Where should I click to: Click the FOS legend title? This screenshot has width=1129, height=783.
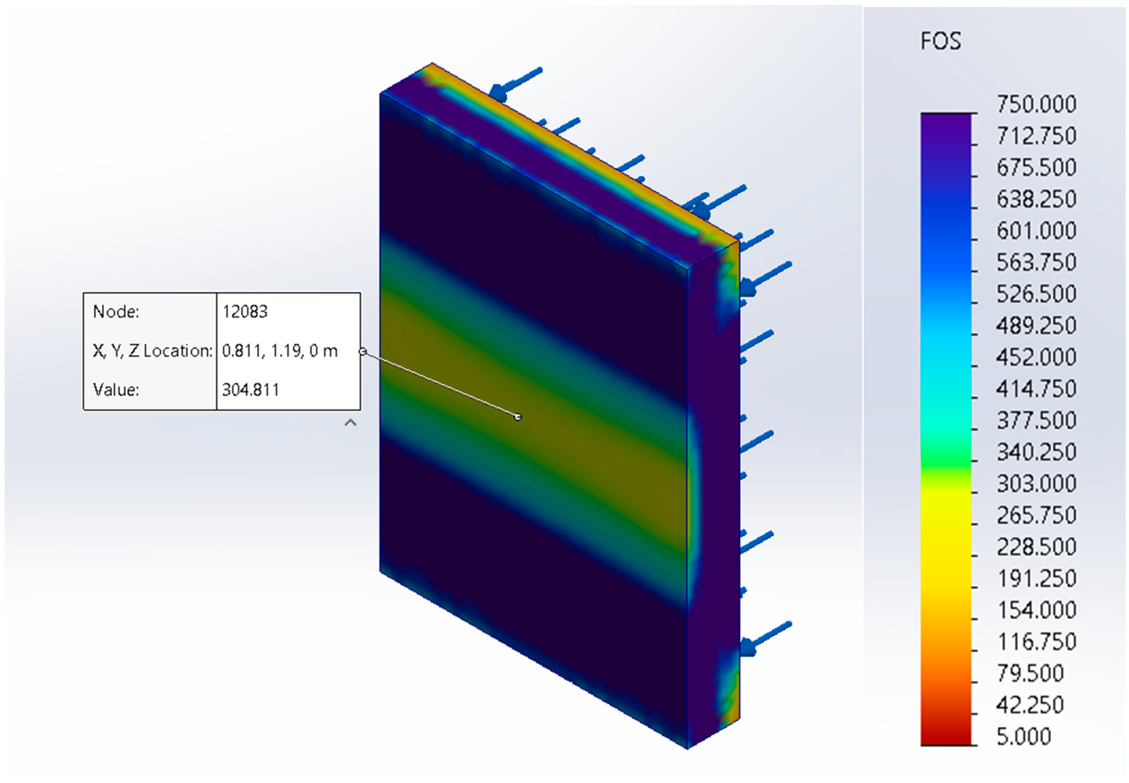click(940, 41)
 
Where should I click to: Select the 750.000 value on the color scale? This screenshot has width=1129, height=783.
click(1036, 104)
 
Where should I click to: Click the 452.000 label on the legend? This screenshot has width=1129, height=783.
click(1036, 356)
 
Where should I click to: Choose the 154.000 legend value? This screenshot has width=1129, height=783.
click(1036, 610)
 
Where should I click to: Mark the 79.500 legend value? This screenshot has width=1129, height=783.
click(1030, 673)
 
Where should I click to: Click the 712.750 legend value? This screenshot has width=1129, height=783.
click(1036, 136)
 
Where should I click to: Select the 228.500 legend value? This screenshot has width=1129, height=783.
click(1036, 547)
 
